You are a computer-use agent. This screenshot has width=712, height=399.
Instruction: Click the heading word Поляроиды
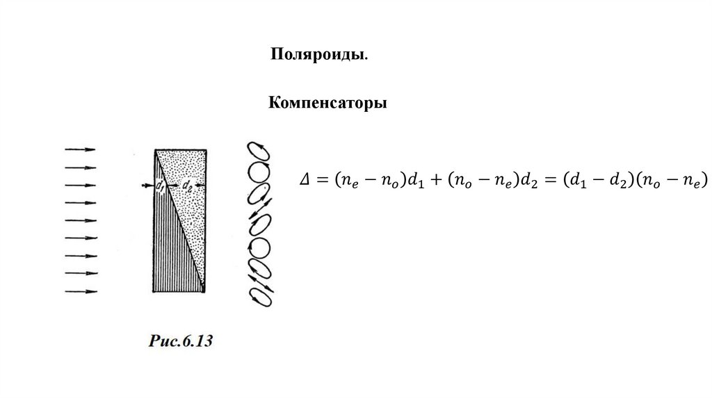click(x=319, y=55)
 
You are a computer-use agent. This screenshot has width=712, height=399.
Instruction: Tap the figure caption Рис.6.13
click(x=179, y=341)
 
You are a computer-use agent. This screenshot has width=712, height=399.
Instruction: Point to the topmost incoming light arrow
click(x=81, y=149)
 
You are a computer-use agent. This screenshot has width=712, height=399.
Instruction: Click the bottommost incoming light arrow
click(x=81, y=291)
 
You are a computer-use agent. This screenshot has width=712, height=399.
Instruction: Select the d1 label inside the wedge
click(x=159, y=186)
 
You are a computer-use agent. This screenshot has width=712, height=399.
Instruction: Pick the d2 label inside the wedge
click(x=186, y=186)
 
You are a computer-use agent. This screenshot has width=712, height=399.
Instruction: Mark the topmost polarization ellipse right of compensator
click(x=259, y=152)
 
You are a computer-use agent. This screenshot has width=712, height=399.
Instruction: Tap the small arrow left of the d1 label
click(x=146, y=185)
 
